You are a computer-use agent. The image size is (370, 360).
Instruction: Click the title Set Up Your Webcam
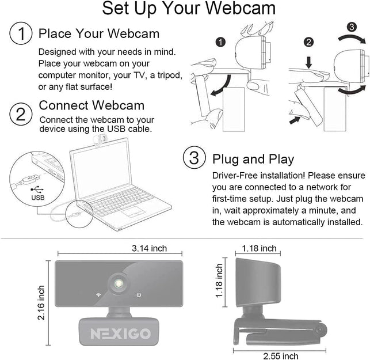click(x=188, y=9)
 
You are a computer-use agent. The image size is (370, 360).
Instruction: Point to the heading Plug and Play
click(x=253, y=159)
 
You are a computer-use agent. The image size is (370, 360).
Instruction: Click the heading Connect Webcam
click(x=91, y=105)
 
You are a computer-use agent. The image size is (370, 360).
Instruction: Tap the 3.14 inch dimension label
click(x=149, y=248)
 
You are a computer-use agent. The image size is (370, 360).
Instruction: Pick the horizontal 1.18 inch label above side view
click(x=256, y=248)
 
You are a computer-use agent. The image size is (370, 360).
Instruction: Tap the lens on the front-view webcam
click(x=119, y=284)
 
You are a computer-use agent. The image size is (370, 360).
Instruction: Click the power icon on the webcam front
click(x=139, y=295)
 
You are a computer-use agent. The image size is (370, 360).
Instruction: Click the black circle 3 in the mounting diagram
click(x=352, y=27)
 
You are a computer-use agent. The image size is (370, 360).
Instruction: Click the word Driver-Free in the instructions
click(x=234, y=175)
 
